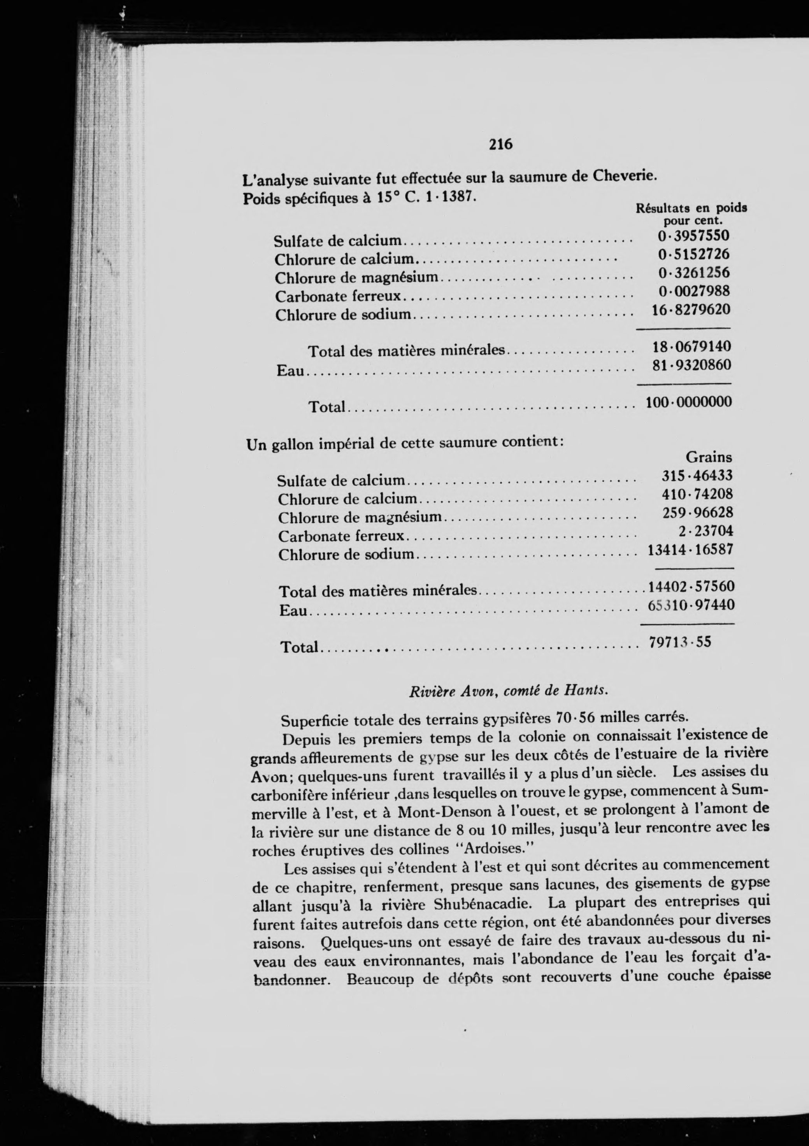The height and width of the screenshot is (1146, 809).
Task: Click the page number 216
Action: (500, 144)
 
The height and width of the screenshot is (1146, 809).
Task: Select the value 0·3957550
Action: (693, 236)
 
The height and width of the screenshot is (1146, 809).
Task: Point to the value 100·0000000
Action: (689, 402)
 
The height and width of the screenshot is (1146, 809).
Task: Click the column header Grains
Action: (709, 457)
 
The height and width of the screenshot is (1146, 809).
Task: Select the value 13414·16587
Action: (690, 550)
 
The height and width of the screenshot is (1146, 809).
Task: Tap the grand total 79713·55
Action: (680, 642)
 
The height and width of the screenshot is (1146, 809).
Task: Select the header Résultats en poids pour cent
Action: (691, 214)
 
